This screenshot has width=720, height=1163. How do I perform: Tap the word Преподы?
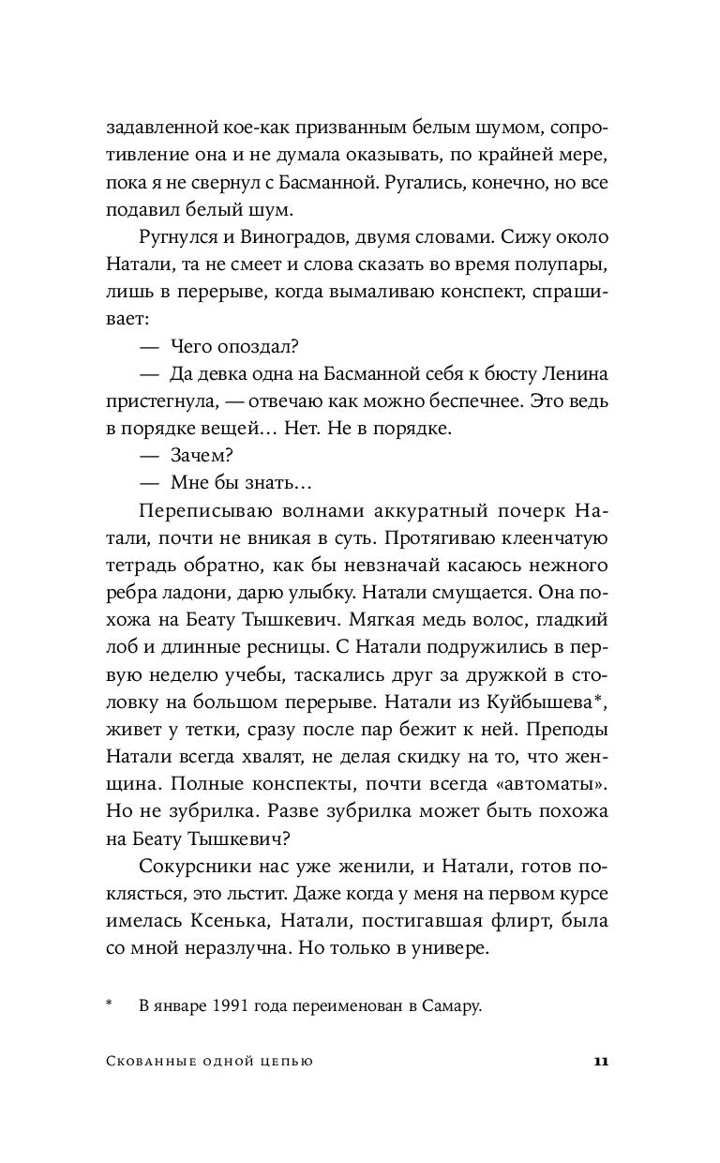562,728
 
